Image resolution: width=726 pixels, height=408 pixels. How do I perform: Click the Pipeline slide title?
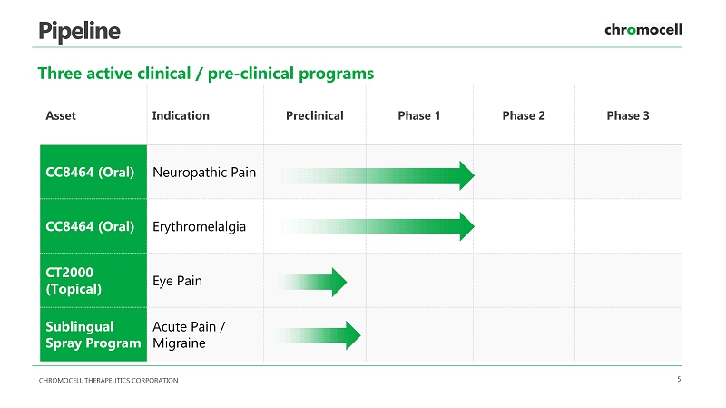[79, 31]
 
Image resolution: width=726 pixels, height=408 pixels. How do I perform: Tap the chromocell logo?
[643, 29]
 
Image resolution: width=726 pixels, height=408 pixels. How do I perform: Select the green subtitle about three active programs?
[206, 74]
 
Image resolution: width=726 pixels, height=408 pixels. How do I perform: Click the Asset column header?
[61, 115]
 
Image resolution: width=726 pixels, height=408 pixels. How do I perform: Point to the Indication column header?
[181, 115]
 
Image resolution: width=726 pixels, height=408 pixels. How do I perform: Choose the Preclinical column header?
[315, 115]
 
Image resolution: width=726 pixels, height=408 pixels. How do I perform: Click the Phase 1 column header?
[419, 115]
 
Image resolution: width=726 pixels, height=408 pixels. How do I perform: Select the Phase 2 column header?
[524, 115]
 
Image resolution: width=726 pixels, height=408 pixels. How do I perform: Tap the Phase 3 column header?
[628, 115]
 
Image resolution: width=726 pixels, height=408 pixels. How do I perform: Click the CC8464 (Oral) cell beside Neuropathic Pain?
[93, 172]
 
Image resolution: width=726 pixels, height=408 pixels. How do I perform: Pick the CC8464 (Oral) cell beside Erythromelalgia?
[93, 226]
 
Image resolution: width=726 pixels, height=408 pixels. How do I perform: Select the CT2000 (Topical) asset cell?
[93, 281]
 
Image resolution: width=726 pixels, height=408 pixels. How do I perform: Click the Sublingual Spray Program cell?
[93, 334]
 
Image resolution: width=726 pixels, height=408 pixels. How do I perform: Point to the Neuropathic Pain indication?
[204, 173]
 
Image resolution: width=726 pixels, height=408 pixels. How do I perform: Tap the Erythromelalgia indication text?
[199, 227]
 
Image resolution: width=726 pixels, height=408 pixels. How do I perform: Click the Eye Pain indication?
[177, 281]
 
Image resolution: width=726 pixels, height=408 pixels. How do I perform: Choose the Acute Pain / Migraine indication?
[189, 334]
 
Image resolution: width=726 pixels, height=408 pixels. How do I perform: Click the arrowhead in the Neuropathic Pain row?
[466, 175]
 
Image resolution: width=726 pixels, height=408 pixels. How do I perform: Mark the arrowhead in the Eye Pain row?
[338, 282]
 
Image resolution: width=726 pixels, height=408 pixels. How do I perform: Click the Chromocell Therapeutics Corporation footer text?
[108, 380]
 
